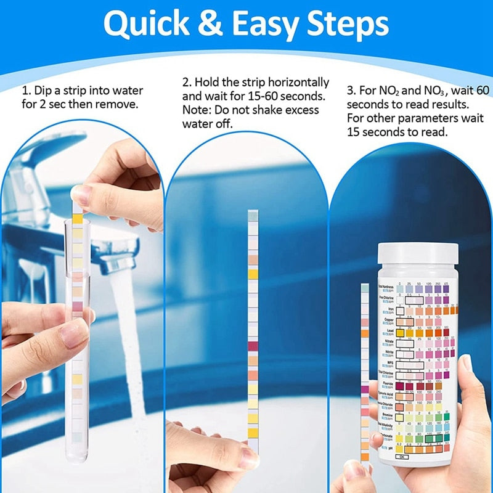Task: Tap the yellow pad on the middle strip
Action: click(253, 274)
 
